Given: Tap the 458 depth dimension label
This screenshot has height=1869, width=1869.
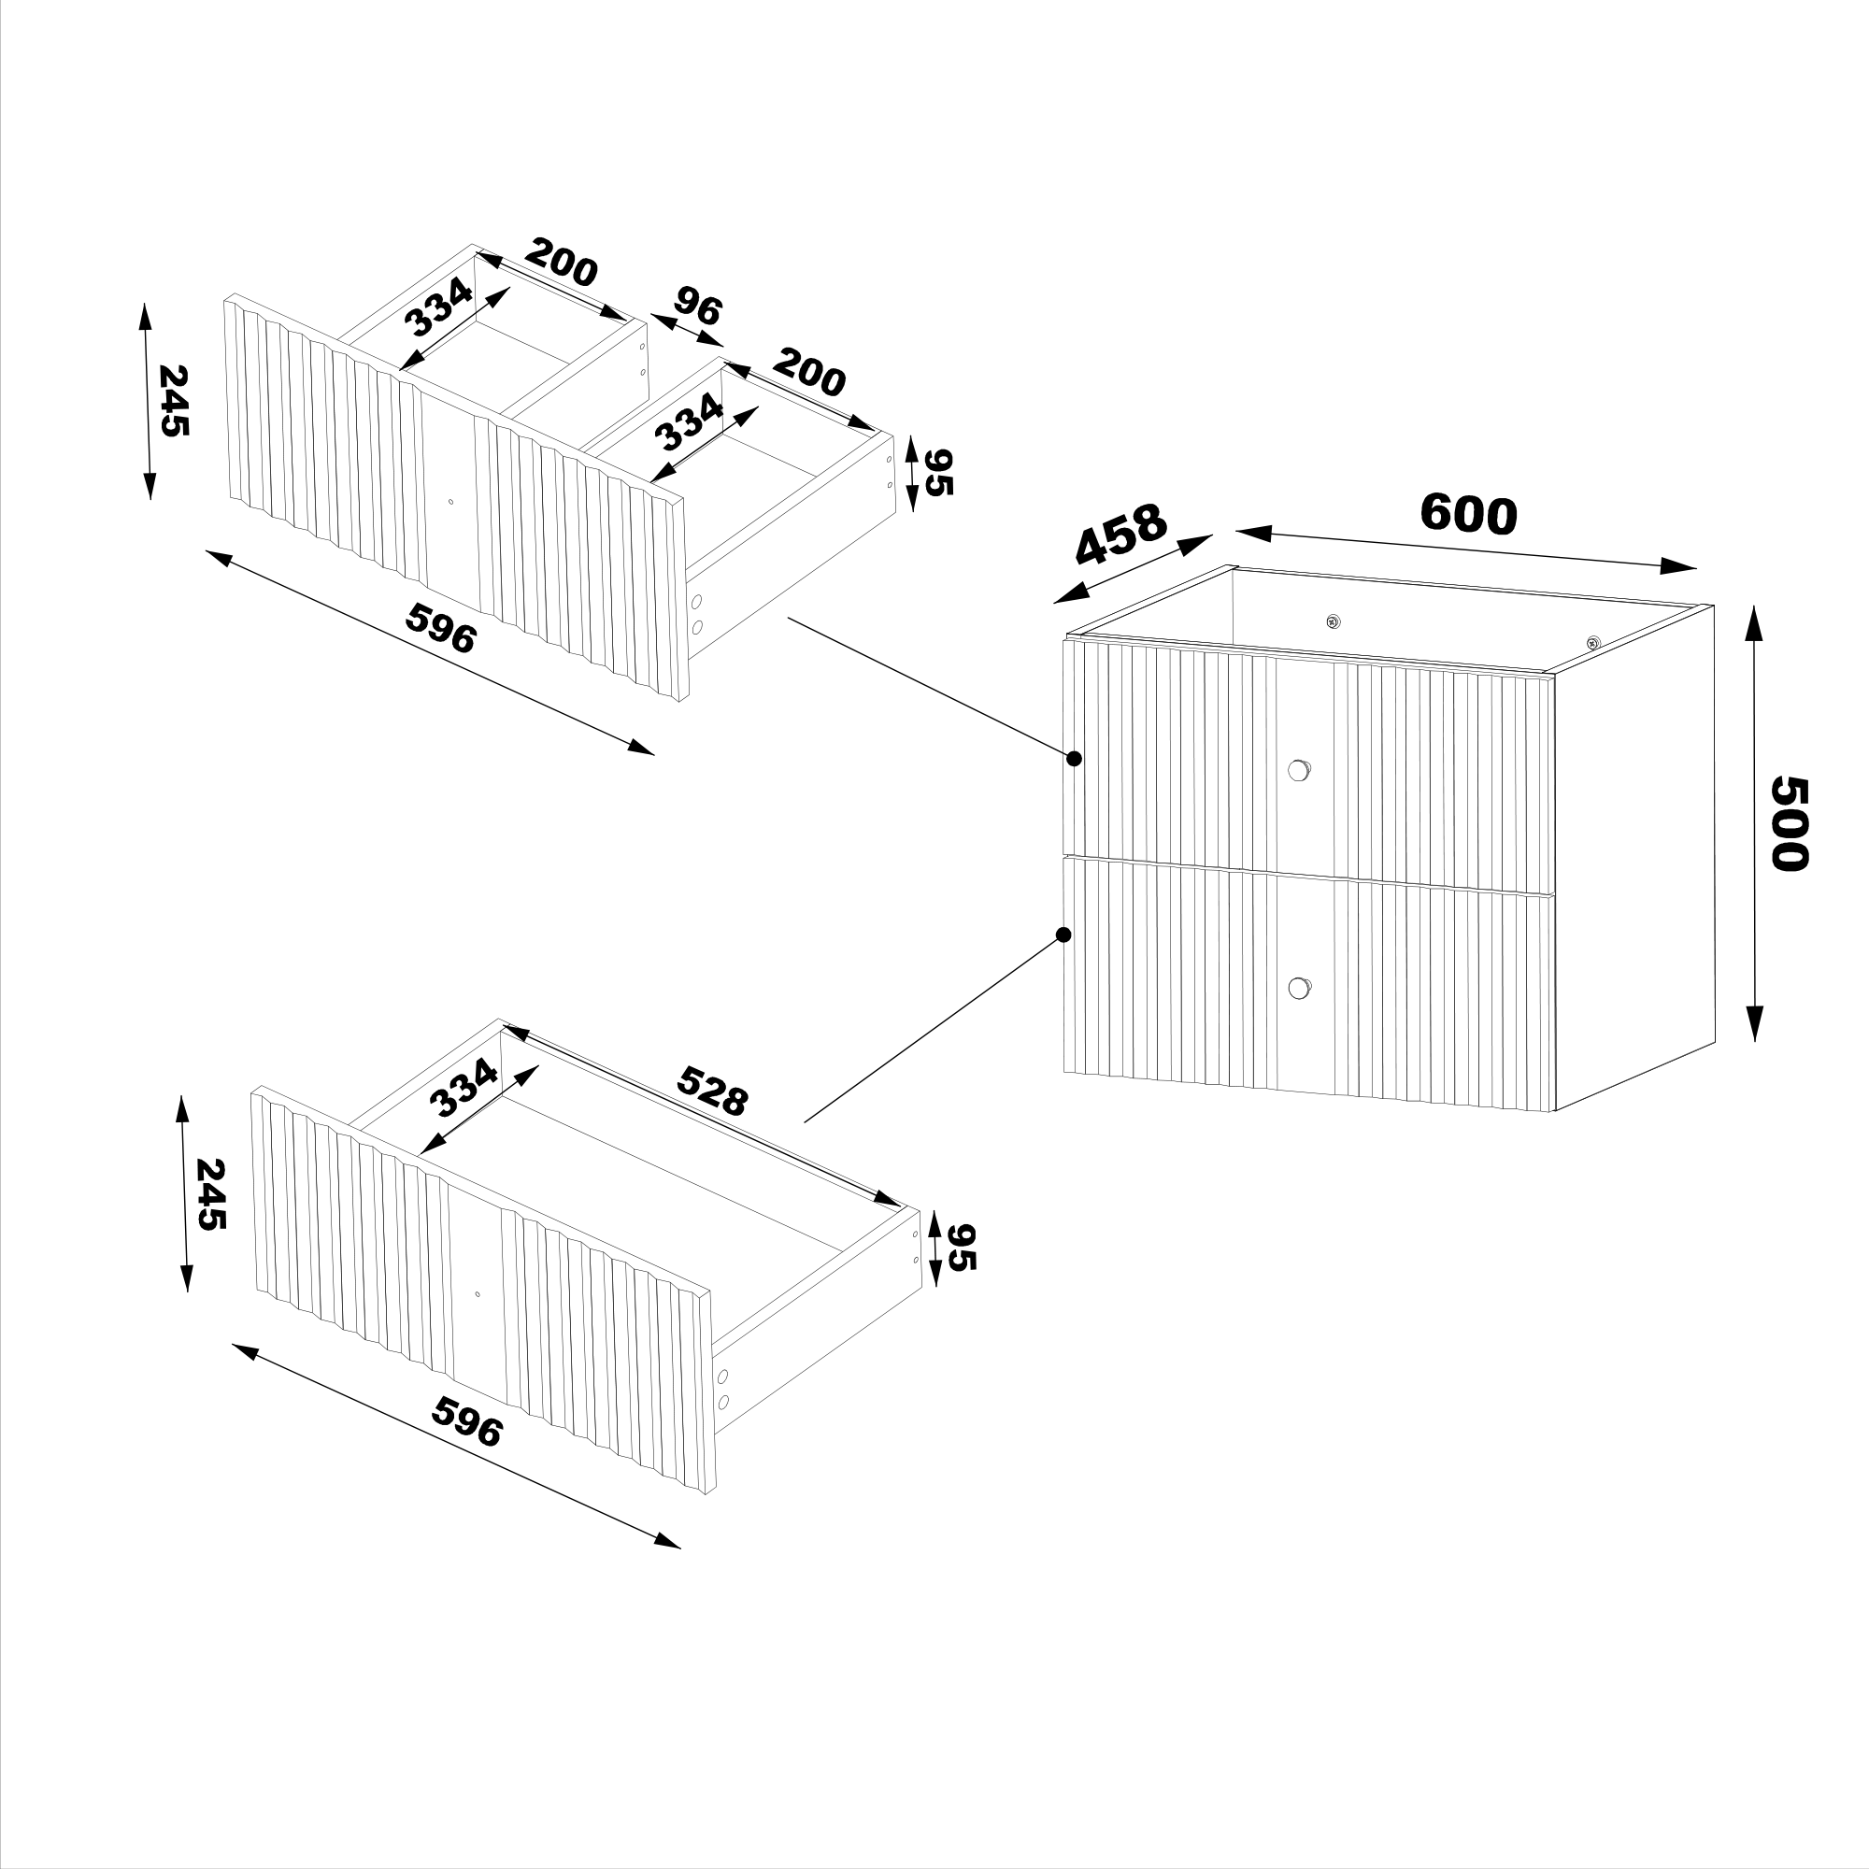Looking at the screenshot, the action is [1122, 534].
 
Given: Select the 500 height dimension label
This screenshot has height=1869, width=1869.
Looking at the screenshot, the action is [1789, 823].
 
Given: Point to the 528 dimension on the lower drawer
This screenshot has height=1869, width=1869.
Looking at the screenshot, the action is [713, 1091].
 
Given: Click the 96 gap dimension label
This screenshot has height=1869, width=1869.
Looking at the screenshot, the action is [698, 306].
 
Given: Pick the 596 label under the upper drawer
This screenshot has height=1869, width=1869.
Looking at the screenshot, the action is [441, 628].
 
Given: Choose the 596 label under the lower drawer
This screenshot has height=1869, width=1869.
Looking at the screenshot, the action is [467, 1421].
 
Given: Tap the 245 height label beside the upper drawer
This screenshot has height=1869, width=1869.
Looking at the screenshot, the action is [173, 401].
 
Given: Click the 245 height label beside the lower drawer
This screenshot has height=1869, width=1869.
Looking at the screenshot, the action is [211, 1194].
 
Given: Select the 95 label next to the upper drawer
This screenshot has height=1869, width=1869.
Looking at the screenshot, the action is [938, 472].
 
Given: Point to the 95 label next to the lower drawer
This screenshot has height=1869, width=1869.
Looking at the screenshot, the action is [963, 1247].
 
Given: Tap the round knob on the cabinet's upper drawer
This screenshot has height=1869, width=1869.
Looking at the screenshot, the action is [1298, 770].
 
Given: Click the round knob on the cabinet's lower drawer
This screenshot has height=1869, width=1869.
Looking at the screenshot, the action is [1298, 988].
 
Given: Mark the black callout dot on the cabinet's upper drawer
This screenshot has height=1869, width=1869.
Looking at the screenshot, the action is [1073, 759].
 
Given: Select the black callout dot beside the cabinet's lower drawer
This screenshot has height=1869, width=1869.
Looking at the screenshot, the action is [1063, 934].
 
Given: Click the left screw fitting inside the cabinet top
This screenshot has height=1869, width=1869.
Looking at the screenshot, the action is [1334, 621].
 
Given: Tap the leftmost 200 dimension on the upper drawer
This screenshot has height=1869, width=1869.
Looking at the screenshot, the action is [562, 263].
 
